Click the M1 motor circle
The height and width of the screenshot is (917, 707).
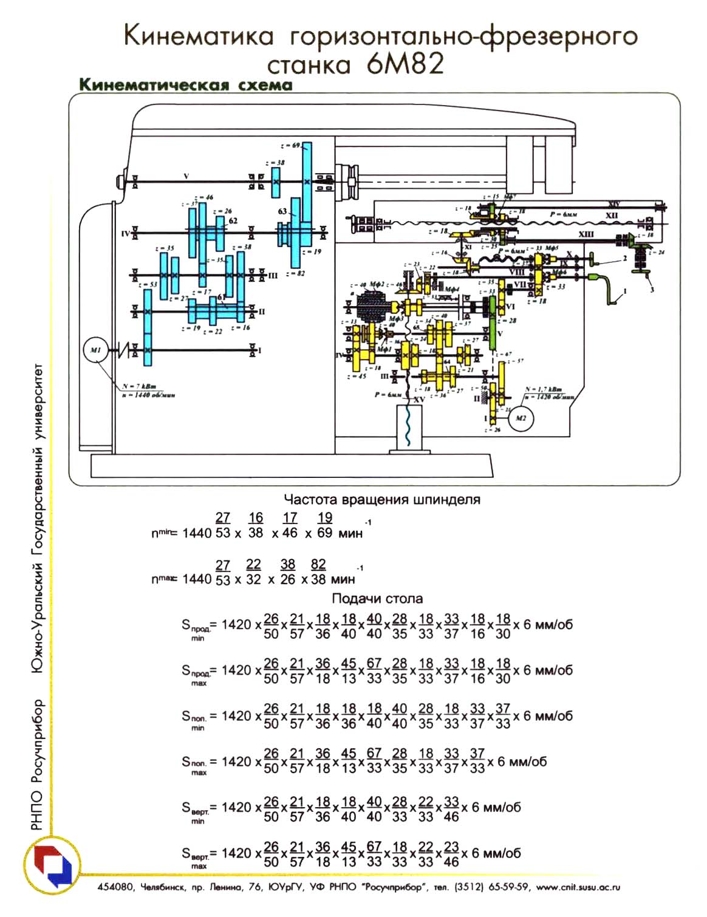click(95, 350)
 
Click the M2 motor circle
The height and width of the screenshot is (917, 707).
click(521, 418)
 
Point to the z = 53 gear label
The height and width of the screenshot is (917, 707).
click(148, 284)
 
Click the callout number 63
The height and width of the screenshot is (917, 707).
click(283, 211)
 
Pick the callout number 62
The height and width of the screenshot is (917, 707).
click(233, 222)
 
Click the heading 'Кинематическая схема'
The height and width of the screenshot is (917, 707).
click(186, 84)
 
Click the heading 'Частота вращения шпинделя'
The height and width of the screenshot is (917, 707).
click(382, 500)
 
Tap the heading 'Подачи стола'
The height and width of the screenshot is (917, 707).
click(377, 599)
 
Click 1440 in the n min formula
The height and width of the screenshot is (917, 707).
click(197, 533)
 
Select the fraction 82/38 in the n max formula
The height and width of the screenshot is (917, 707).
click(318, 571)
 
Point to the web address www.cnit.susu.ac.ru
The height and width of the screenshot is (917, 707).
click(578, 887)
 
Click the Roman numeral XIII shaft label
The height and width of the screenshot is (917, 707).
click(586, 234)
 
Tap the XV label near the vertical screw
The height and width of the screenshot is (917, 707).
click(418, 400)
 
